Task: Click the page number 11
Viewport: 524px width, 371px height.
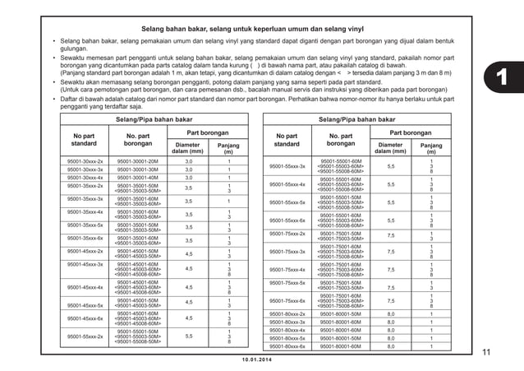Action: coord(486,353)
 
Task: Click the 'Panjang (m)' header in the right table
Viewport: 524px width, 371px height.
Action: coord(430,148)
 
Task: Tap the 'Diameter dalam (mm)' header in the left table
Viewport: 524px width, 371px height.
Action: coord(187,148)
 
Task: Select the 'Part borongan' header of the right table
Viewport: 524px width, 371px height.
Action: coord(410,132)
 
